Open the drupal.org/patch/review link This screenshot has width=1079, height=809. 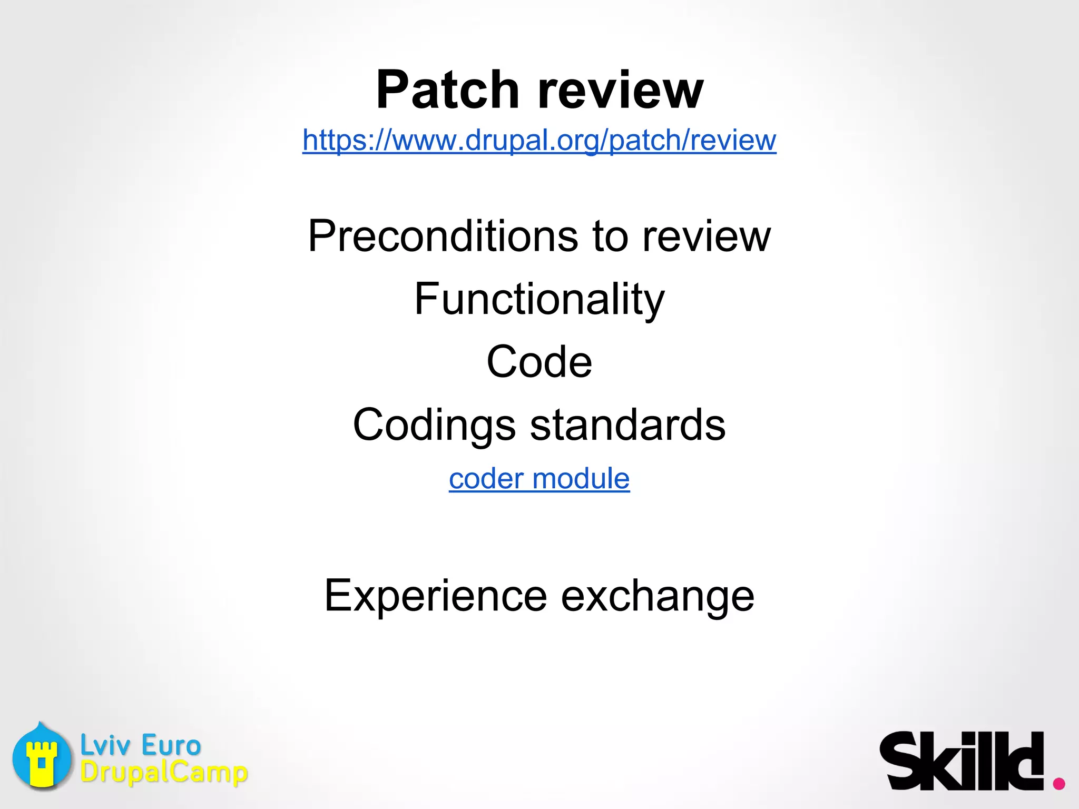point(539,140)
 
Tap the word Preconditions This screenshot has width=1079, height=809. point(443,236)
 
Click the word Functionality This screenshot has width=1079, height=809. point(539,299)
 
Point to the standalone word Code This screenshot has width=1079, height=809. point(539,362)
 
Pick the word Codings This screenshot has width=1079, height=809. point(434,426)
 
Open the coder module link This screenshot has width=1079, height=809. point(539,479)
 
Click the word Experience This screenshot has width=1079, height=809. point(436,596)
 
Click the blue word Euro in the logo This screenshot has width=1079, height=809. point(171,745)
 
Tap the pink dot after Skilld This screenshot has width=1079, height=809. point(1058,783)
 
